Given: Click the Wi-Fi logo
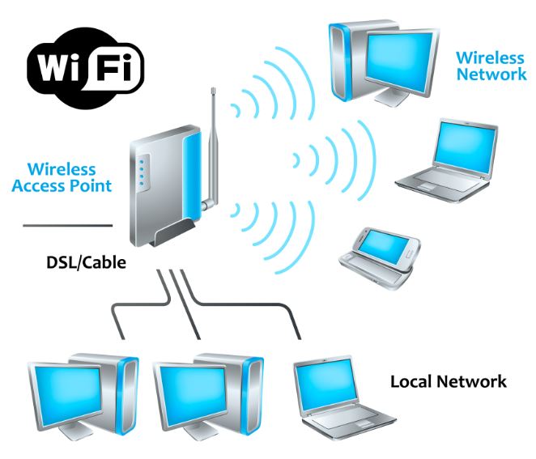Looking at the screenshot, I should coord(85,65).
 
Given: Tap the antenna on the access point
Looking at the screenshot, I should coord(212,138).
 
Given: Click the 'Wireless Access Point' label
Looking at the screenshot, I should coord(68,177).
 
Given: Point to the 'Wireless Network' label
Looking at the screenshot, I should coord(491,66).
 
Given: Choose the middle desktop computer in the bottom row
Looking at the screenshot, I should coord(207,392).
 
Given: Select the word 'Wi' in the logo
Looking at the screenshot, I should coord(57,65).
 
